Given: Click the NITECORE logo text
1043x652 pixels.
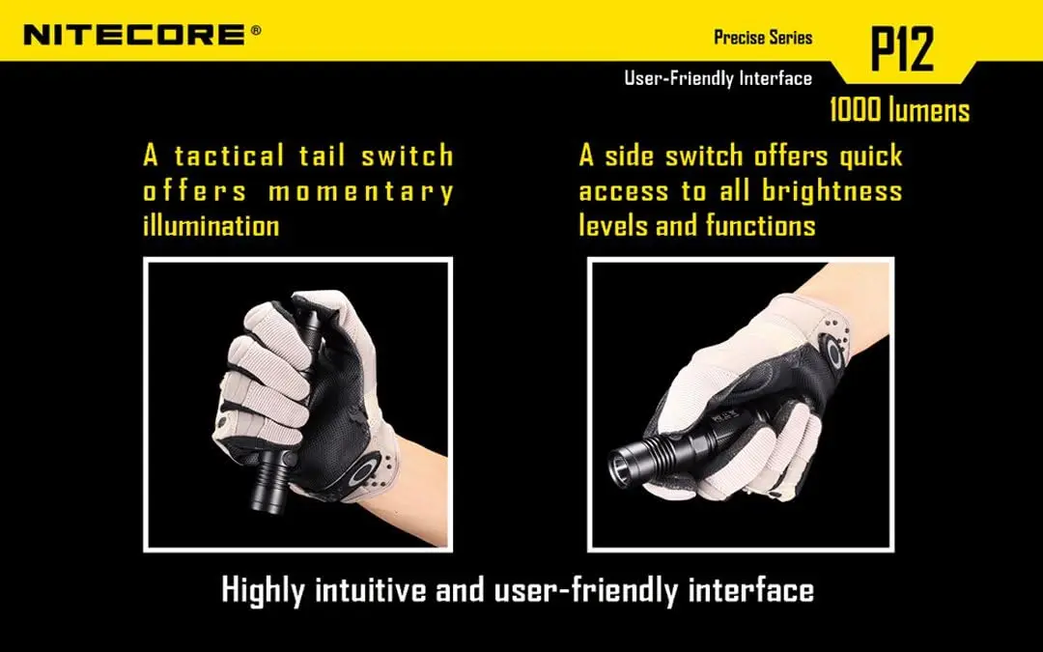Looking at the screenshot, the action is (x=133, y=35).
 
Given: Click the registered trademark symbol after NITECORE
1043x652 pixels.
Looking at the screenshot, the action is (x=256, y=30).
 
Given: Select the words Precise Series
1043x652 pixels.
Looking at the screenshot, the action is (x=763, y=38).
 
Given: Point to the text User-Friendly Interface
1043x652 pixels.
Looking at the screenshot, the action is (x=718, y=78).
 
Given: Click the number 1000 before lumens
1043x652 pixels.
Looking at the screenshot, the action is (x=855, y=110).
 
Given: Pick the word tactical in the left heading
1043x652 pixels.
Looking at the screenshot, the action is (x=230, y=156).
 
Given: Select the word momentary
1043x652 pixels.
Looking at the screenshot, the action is (x=361, y=191).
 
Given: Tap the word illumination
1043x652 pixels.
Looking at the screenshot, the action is (x=211, y=225).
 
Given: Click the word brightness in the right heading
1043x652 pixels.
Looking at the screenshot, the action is (x=832, y=191).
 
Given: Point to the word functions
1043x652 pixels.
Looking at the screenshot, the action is (x=760, y=225).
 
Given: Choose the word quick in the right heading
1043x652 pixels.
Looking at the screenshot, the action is (x=871, y=156).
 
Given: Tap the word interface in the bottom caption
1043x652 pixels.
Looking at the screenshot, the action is (x=751, y=589).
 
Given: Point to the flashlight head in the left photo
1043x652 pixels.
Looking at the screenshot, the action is (x=271, y=480).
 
